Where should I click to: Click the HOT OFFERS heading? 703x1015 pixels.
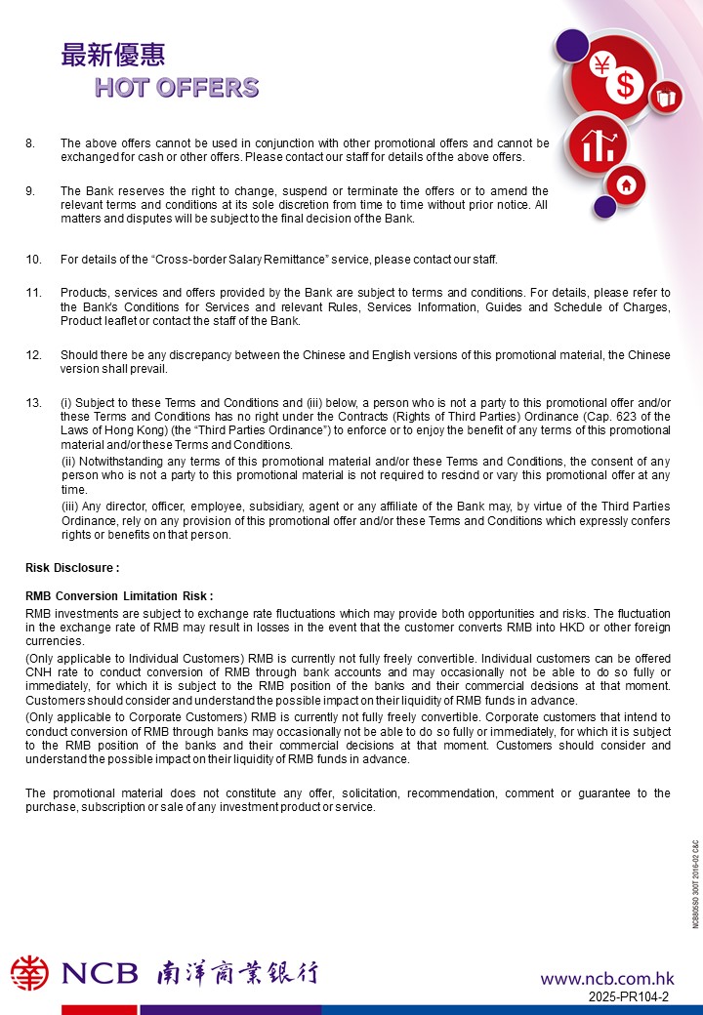(177, 88)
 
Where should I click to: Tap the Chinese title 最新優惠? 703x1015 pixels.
(113, 56)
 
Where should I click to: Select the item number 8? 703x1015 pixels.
(30, 143)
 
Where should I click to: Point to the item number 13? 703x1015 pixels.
(33, 403)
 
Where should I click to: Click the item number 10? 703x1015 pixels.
(33, 260)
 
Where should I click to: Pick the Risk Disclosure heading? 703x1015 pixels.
(72, 567)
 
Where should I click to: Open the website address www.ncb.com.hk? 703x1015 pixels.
(607, 978)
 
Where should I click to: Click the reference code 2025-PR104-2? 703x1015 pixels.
(629, 996)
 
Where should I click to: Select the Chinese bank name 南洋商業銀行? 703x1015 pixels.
(237, 973)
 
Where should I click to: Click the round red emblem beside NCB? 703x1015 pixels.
(29, 973)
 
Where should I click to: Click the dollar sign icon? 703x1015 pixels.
(626, 86)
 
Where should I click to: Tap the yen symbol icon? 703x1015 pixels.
(601, 65)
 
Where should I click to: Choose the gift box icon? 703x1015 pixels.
(666, 97)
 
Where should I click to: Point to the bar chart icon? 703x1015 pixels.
(597, 146)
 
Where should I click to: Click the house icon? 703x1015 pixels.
(627, 183)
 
